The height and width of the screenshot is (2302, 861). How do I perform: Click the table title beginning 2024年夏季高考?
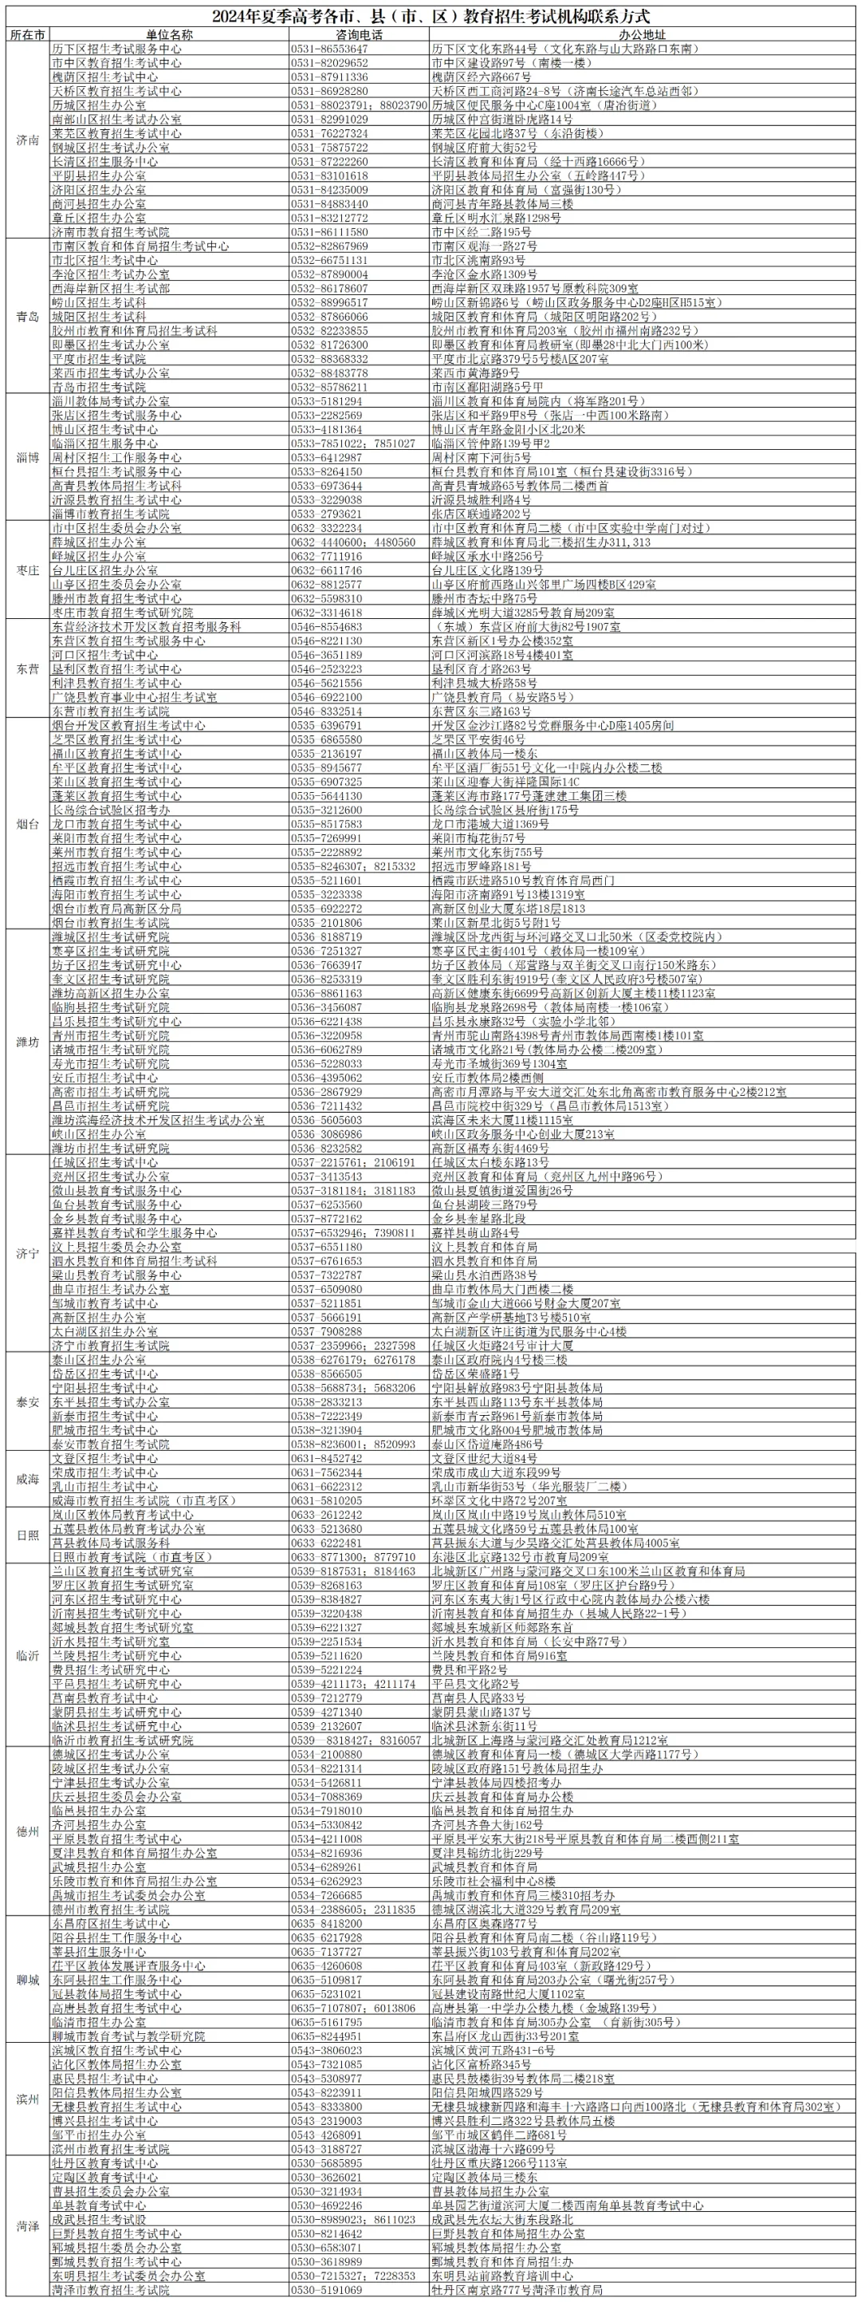pos(431,16)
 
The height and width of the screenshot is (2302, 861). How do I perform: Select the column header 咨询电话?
pos(359,35)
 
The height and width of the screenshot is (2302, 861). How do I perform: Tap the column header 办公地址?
pos(643,35)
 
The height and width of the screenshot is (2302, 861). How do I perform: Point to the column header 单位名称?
pos(169,35)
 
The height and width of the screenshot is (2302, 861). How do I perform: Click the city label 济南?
pos(28,140)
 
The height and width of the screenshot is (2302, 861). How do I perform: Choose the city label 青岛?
pos(28,317)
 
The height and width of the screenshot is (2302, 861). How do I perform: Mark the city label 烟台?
pos(28,823)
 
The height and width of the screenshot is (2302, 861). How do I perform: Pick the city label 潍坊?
pos(28,1042)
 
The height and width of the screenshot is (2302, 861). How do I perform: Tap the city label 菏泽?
pos(28,2225)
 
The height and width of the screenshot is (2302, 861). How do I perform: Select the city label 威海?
pos(28,1479)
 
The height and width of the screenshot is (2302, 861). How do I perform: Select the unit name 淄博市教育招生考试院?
pos(111,514)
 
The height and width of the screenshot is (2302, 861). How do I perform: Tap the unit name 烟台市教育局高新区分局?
pos(117,909)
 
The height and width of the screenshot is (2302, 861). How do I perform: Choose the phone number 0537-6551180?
pos(327,1247)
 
